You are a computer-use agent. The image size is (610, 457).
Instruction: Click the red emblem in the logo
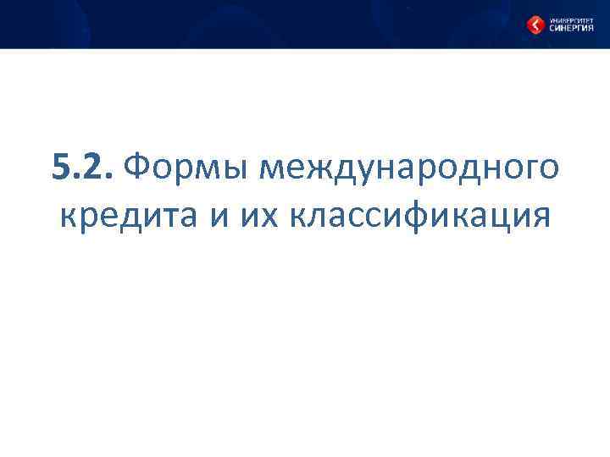(535, 25)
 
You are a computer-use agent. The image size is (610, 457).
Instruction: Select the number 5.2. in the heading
(80, 167)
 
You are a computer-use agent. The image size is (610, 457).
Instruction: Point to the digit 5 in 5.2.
(59, 167)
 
